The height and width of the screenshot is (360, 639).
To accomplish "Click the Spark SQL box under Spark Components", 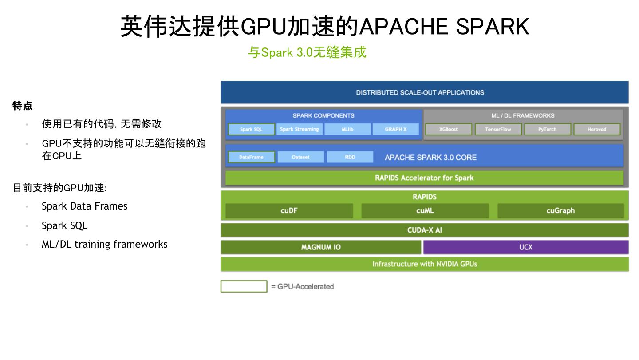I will [251, 129].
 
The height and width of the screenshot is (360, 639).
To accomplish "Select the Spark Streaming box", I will [300, 129].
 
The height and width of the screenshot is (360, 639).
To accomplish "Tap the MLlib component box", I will [347, 129].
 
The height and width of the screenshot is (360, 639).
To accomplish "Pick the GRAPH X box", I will [395, 129].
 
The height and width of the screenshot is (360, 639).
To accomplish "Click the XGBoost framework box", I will [449, 129].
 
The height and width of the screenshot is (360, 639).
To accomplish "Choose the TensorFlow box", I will [498, 129].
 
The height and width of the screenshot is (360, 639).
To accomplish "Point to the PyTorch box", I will [547, 129].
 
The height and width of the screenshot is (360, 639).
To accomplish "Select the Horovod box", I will [596, 129].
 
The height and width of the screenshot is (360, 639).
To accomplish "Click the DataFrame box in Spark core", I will [251, 157].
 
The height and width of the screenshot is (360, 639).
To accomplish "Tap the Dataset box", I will [300, 157].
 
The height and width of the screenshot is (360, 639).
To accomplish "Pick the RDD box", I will [350, 157].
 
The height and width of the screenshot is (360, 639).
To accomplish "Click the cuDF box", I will [289, 211].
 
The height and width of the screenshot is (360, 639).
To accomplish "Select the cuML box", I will [425, 211].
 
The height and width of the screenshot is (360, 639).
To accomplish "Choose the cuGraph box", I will [560, 211].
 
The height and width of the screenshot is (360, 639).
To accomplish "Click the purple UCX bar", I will [526, 247].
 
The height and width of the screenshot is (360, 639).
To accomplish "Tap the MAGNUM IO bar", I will [321, 247].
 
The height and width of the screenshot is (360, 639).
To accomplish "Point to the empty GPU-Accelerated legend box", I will [244, 286].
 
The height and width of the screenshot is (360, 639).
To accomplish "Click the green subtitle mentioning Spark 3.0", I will [307, 52].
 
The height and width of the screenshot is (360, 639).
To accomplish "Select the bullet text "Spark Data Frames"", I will [84, 206].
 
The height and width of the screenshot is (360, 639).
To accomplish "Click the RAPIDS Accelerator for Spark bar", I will [424, 178].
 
